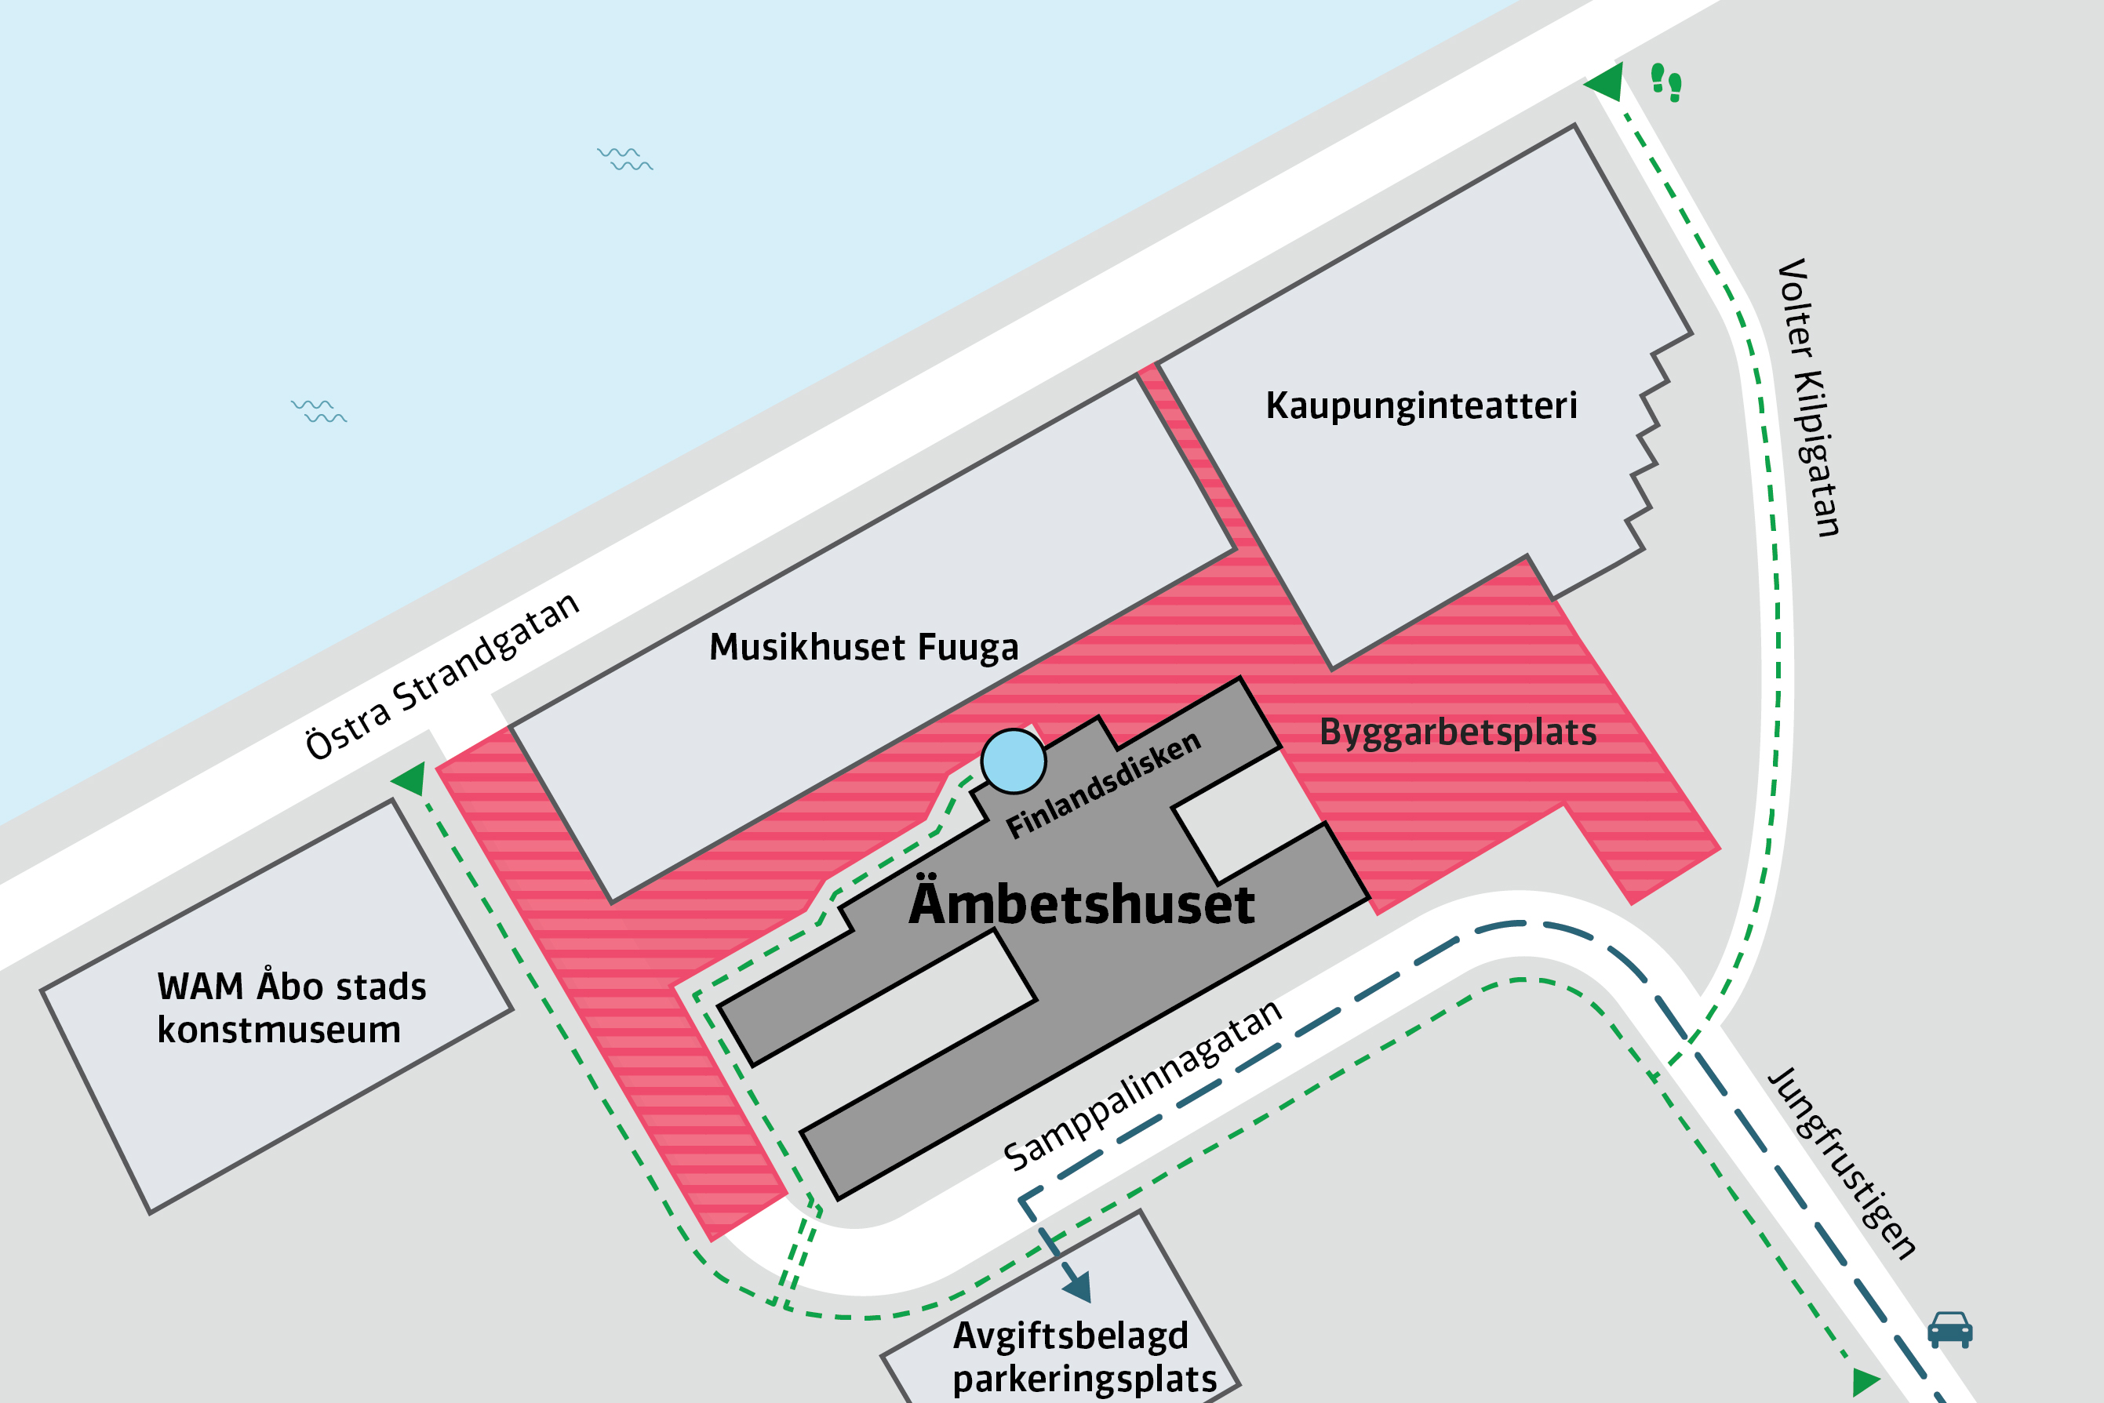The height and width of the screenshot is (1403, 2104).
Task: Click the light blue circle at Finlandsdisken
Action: click(x=1013, y=761)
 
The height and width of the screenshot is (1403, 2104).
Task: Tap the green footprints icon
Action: click(x=1665, y=83)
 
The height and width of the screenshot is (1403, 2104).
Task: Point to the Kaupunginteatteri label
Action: click(x=1421, y=405)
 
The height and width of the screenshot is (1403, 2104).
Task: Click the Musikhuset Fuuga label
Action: click(x=864, y=647)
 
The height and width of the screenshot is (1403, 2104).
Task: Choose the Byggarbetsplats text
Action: click(x=1458, y=732)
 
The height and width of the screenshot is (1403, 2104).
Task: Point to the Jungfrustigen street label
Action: click(x=1843, y=1163)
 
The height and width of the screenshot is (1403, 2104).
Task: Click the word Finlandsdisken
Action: click(x=1104, y=785)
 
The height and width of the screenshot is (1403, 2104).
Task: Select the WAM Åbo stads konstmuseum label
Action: click(x=292, y=1008)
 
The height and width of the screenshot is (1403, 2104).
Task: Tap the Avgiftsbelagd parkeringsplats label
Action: click(x=1083, y=1357)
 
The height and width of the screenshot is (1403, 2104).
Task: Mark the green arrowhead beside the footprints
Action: click(x=1607, y=82)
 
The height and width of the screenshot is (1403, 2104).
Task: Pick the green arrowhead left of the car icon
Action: click(x=1864, y=1382)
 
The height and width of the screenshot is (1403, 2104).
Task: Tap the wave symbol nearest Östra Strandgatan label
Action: click(x=319, y=412)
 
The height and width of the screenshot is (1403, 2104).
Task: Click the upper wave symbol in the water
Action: click(x=624, y=159)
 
